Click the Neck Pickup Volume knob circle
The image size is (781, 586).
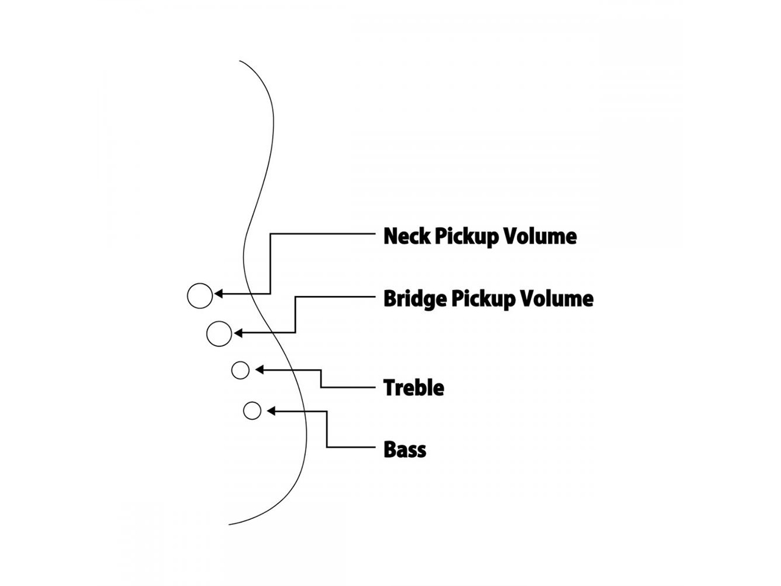[x=200, y=296]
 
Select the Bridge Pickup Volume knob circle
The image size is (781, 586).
[x=219, y=334]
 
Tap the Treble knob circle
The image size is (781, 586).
[x=240, y=370]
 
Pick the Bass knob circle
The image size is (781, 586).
[x=252, y=411]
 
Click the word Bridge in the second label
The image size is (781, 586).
[x=415, y=298]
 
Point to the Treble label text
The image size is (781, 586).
[x=414, y=388]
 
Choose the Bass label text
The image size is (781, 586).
[x=405, y=450]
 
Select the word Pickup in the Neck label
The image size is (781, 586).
[x=466, y=237]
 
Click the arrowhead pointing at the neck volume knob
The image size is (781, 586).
[x=218, y=295]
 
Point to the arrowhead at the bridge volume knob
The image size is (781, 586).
[x=238, y=333]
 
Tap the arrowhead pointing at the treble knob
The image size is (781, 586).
[x=259, y=369]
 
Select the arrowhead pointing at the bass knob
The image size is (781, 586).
[x=271, y=411]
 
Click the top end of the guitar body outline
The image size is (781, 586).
[x=240, y=61]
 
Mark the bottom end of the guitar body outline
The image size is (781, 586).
[x=229, y=524]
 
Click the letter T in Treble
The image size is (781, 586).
[x=389, y=388]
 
